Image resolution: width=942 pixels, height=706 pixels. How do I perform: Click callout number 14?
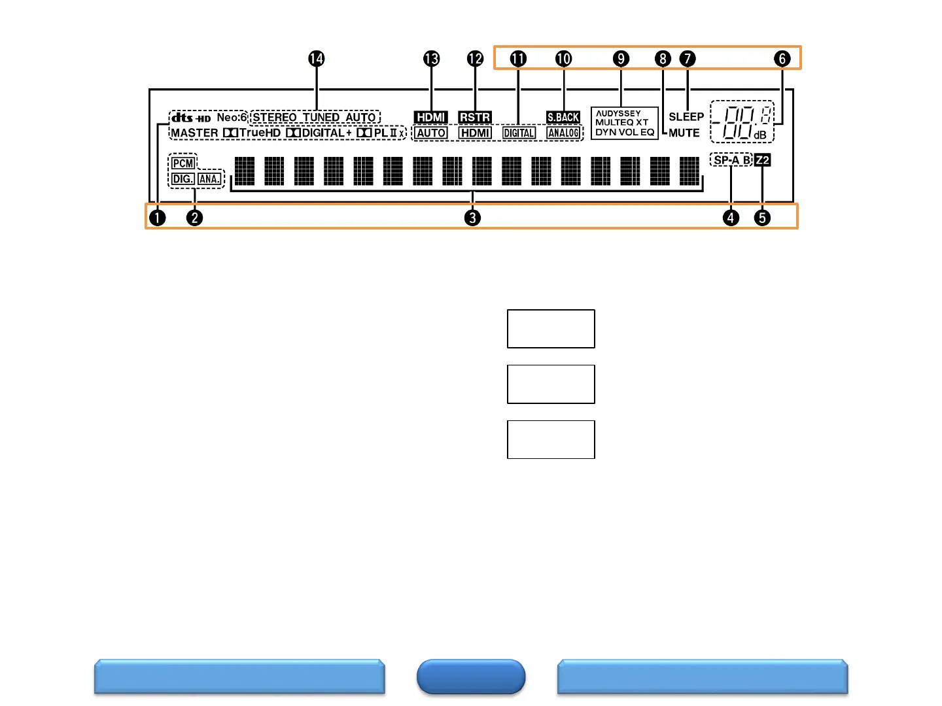[x=316, y=59]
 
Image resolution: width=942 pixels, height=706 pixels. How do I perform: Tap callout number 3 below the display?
[x=472, y=218]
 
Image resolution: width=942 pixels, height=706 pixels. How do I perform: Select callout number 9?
[x=621, y=59]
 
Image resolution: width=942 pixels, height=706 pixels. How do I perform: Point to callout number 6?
[x=782, y=59]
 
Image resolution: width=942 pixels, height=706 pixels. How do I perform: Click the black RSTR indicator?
[x=475, y=118]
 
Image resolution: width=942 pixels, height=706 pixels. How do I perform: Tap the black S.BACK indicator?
[x=563, y=118]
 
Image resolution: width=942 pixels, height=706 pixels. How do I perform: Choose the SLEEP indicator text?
[x=686, y=117]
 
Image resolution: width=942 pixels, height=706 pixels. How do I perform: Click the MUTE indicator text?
[x=684, y=133]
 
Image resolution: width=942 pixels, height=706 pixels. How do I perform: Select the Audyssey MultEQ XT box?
[x=624, y=123]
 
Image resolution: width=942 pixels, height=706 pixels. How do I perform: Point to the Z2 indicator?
[x=763, y=160]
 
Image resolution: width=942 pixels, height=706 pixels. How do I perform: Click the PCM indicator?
[x=183, y=163]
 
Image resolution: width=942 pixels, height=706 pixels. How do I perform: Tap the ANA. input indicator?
[x=209, y=179]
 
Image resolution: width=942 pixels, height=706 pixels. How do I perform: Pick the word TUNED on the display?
[x=321, y=118]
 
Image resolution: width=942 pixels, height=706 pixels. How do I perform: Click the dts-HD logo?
[x=191, y=118]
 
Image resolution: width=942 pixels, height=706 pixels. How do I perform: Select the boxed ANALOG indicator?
[x=563, y=133]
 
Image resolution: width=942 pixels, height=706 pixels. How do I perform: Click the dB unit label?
[x=759, y=135]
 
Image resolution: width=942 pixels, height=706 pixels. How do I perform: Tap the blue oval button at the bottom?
[x=471, y=677]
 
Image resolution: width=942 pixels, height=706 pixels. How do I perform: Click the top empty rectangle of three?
[x=551, y=329]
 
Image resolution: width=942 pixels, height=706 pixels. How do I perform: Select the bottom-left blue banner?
[x=239, y=677]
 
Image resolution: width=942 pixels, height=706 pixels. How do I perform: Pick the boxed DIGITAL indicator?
[x=519, y=133]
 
